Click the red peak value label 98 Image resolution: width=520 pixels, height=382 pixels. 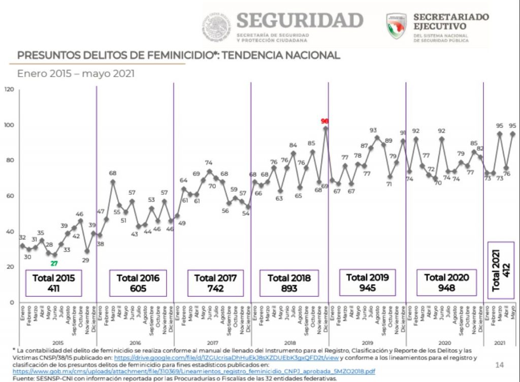point(325,121)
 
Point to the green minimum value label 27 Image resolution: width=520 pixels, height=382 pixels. point(54,263)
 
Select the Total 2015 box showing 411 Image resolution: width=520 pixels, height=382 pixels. point(53,283)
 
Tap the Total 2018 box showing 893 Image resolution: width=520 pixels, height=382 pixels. point(289,283)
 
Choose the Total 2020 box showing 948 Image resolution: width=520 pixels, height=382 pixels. point(446,283)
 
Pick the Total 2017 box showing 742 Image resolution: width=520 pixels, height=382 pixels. point(215,283)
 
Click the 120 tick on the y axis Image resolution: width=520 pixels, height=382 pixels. point(9,89)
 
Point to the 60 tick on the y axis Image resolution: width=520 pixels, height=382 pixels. point(10,196)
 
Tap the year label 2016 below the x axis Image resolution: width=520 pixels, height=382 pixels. point(135,342)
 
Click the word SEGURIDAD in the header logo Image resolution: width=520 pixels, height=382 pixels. point(299,21)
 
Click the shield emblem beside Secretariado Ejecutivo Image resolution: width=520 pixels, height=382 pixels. point(396,26)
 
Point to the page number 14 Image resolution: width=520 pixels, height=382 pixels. point(499,365)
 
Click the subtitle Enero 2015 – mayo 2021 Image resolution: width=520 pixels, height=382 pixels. point(76,74)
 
